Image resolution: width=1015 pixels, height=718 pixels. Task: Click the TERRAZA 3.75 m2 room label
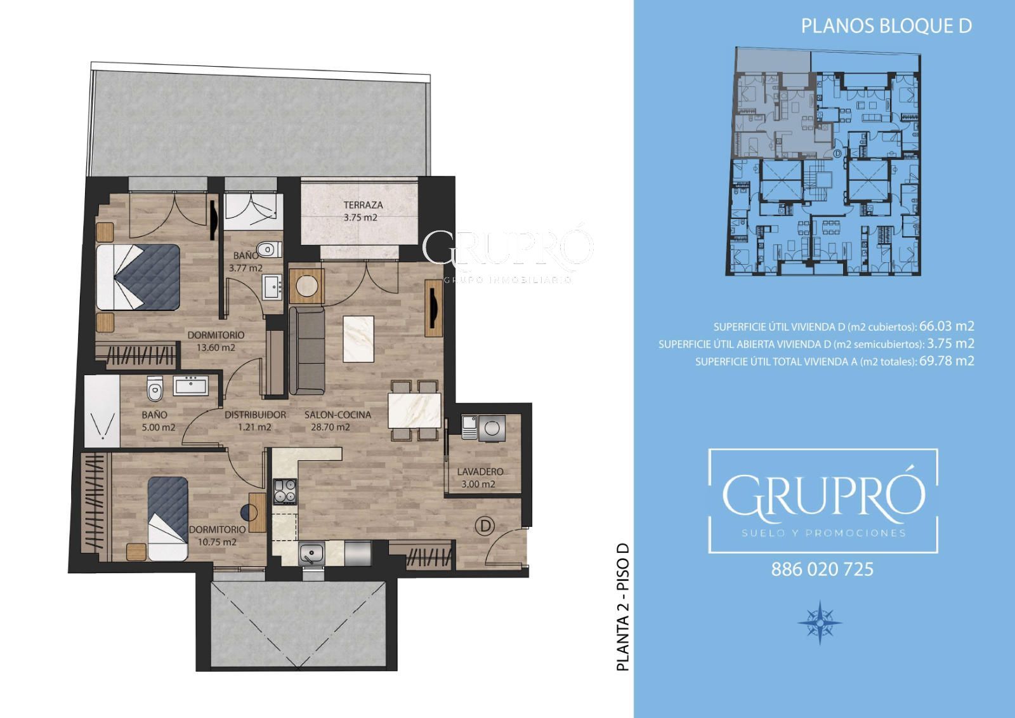[x=363, y=211]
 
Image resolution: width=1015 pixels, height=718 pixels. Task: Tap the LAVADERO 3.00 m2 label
[x=480, y=478]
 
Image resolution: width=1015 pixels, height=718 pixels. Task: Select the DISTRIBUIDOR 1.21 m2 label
[x=255, y=421]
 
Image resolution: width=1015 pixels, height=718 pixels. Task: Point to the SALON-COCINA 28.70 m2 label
[x=337, y=421]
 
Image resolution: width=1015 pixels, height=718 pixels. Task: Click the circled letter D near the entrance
[x=485, y=526]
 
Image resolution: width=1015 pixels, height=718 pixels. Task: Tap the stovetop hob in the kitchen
[x=285, y=491]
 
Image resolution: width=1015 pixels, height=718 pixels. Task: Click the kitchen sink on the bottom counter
[x=311, y=554]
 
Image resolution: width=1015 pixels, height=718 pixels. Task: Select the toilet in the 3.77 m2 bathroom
[x=268, y=249]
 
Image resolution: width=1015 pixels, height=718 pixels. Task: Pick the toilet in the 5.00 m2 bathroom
[x=155, y=389]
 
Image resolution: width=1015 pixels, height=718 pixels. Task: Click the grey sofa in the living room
[x=307, y=350]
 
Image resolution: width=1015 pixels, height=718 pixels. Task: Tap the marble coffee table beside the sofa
[x=358, y=339]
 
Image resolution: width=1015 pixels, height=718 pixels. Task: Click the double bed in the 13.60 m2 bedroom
[x=138, y=277]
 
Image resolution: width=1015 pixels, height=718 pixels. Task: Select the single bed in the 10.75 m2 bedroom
[x=167, y=519]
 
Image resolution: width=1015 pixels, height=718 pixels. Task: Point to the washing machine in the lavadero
[x=492, y=428]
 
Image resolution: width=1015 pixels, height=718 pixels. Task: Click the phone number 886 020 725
[x=822, y=569]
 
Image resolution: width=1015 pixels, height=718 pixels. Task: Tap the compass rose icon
[x=820, y=622]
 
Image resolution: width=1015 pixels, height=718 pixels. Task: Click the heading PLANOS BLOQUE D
[x=886, y=26]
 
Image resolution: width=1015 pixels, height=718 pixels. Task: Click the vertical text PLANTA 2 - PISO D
[x=624, y=607]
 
